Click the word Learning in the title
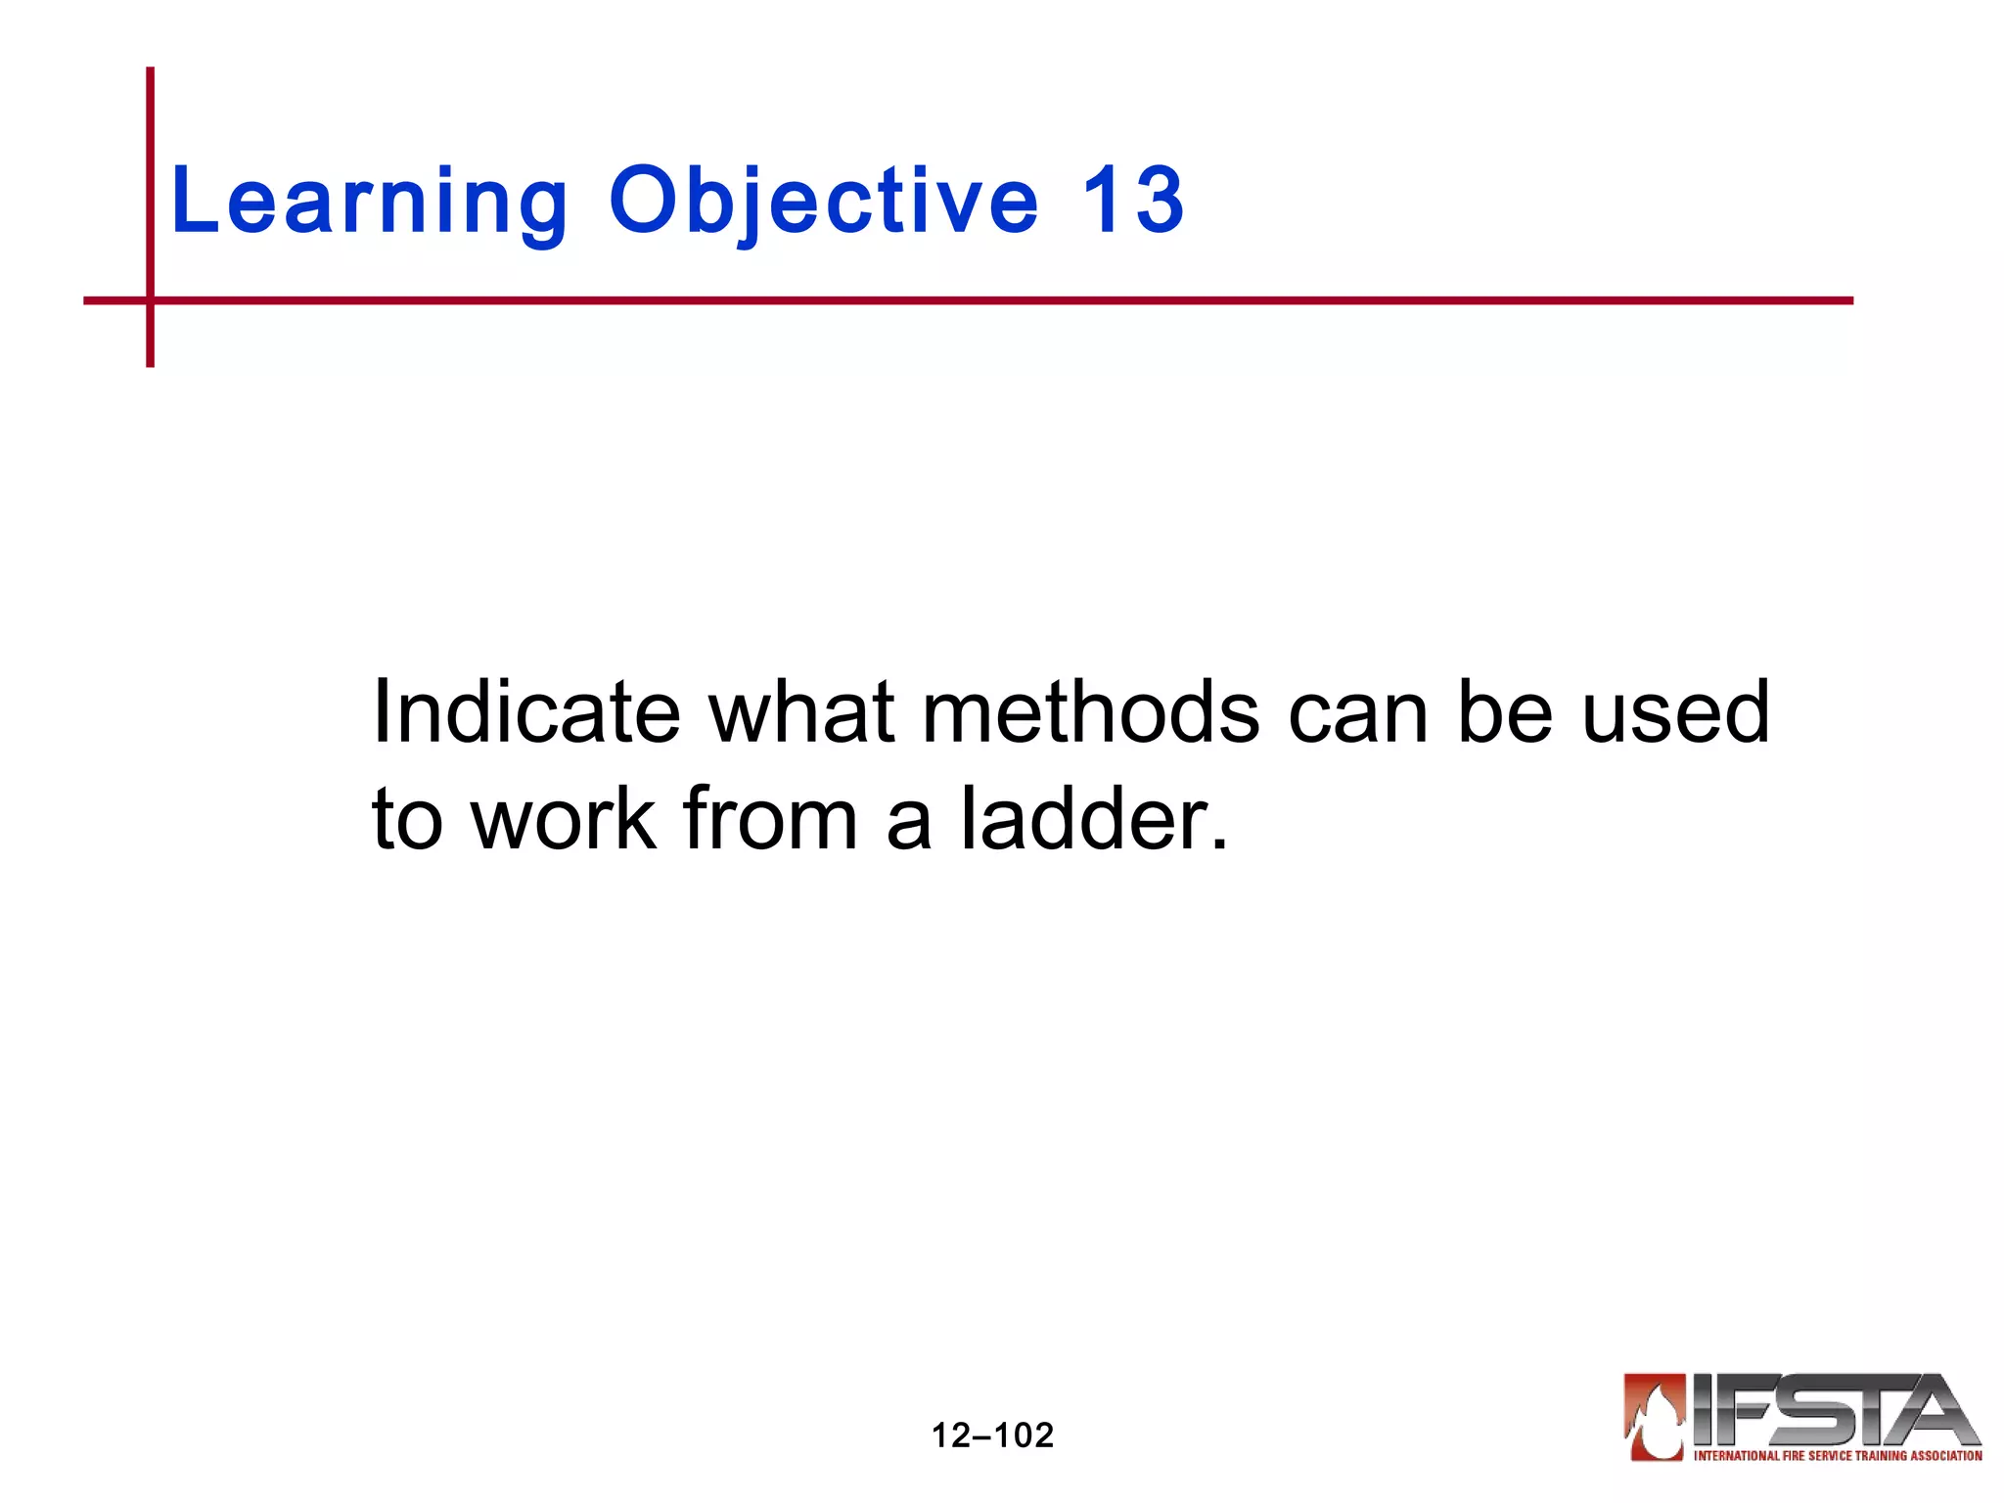pos(369,203)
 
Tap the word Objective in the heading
pos(823,203)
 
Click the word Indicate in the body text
pos(525,712)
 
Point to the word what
pos(801,712)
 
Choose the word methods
pos(1091,712)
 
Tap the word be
pos(1504,712)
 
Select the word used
pos(1675,712)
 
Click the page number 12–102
pos(992,1435)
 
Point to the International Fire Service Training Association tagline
pos(1837,1456)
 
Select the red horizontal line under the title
pos(979,300)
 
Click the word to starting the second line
pos(407,820)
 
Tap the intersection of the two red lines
pos(151,300)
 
